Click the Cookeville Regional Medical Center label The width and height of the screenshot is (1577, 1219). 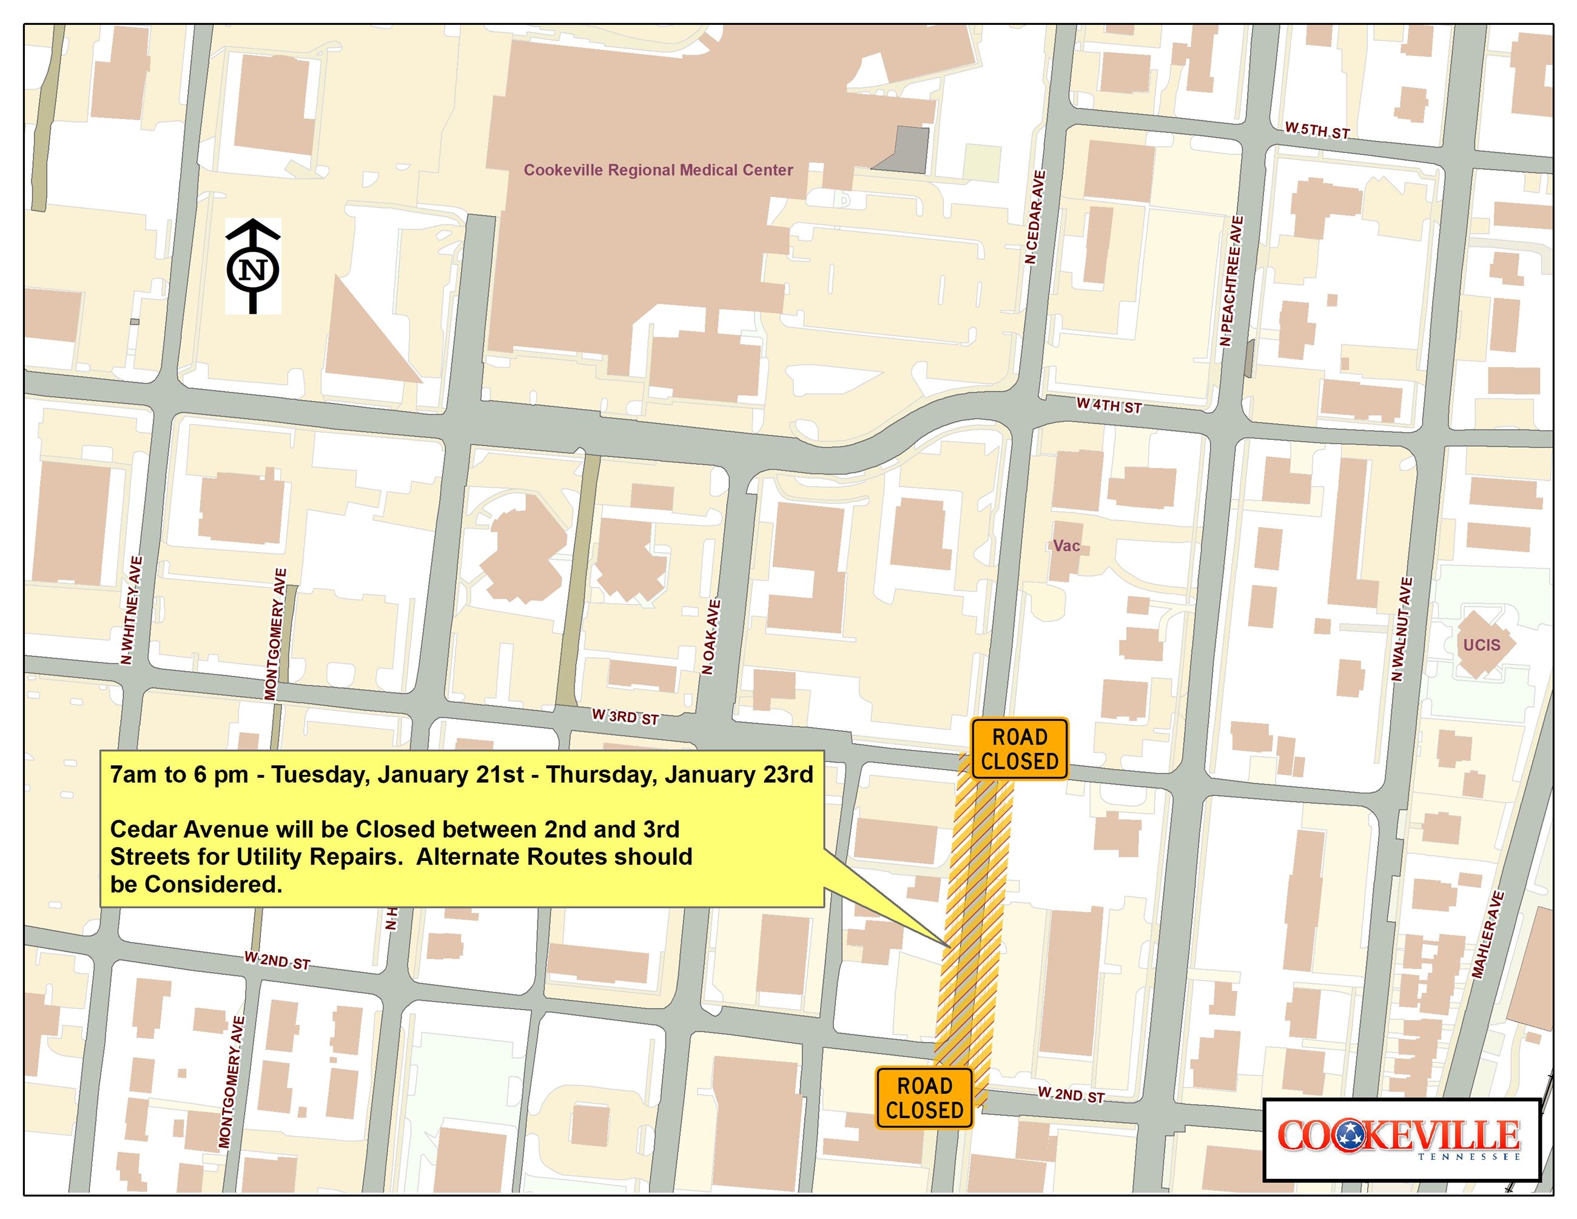[658, 171]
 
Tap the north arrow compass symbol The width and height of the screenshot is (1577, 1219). [253, 266]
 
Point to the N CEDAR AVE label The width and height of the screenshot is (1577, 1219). [1035, 217]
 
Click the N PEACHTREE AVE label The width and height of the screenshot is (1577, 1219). [1231, 281]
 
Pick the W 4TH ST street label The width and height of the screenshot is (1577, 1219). [1108, 406]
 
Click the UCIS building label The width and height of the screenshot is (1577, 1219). [1481, 645]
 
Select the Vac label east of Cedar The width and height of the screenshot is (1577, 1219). [1066, 546]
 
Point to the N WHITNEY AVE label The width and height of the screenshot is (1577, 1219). [130, 610]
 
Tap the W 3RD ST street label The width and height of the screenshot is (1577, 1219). [625, 717]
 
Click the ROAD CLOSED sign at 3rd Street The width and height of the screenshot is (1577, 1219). [1019, 749]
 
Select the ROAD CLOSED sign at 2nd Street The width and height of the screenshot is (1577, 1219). [924, 1098]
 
